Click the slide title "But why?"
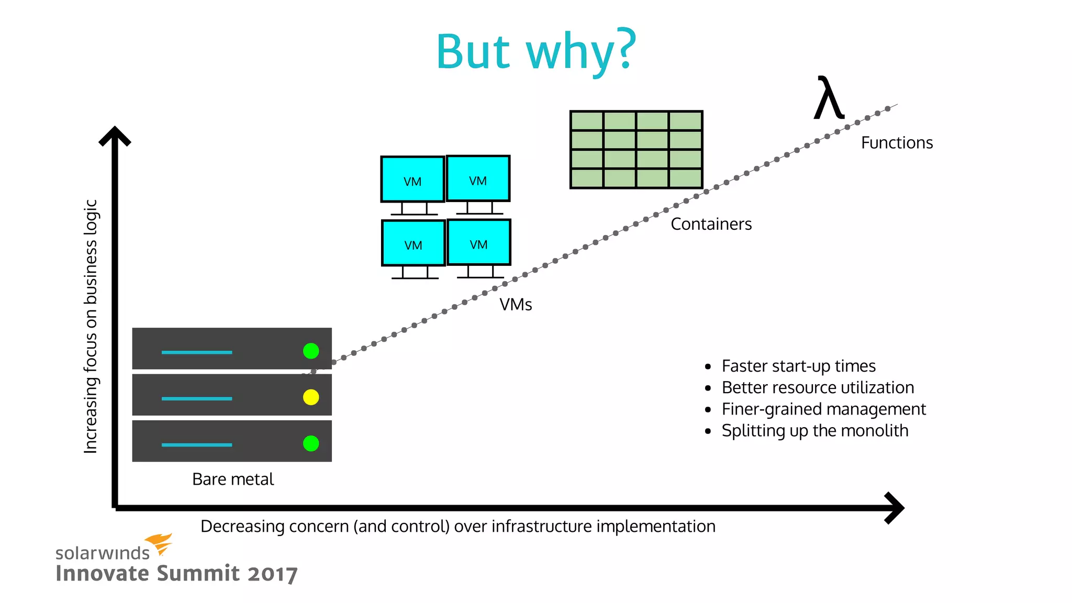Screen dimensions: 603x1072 pos(536,51)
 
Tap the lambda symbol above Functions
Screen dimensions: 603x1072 pos(829,98)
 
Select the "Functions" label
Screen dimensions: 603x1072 pos(897,143)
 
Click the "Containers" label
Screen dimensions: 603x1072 pos(711,224)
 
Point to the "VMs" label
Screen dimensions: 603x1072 pos(516,305)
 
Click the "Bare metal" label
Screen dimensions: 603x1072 pos(233,479)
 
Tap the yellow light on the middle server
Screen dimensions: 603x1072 pos(311,397)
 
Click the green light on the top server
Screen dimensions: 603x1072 pos(311,351)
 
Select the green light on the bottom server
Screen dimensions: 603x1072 pos(311,443)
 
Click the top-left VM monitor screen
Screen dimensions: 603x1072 pos(412,180)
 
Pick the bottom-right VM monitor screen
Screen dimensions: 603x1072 pos(479,242)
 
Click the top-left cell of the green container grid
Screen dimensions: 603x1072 pos(587,121)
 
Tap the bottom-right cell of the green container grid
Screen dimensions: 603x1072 pos(685,178)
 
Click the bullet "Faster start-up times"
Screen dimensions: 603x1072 pos(798,366)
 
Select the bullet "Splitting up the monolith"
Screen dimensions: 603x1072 pos(814,430)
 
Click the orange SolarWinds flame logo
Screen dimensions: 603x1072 pos(159,543)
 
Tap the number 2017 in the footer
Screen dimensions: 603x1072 pos(272,574)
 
